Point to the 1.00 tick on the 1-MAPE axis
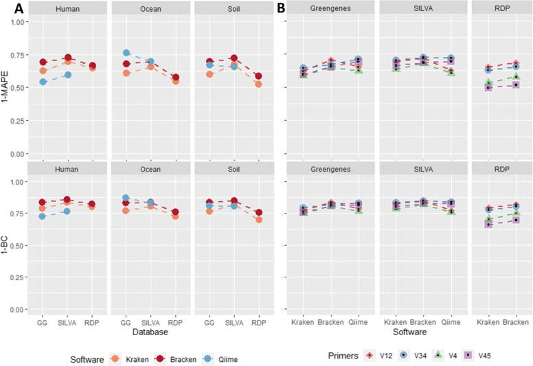pyautogui.click(x=23, y=22)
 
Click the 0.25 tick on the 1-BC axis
pyautogui.click(x=23, y=277)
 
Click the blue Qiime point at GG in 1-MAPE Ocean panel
pyautogui.click(x=126, y=53)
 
